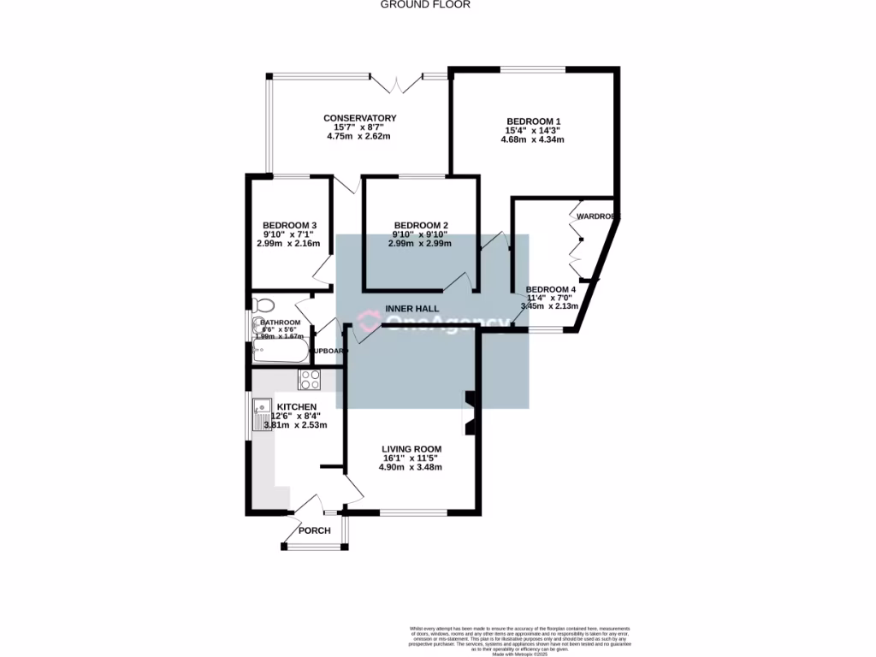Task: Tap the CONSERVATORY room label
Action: [359, 118]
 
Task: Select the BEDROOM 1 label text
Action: [533, 121]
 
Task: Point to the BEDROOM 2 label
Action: [419, 225]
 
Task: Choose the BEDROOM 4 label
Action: [550, 289]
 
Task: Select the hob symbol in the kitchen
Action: [309, 379]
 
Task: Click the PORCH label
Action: [314, 530]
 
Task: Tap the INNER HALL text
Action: [412, 308]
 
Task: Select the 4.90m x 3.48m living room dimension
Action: [411, 467]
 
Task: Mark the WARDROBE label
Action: [596, 217]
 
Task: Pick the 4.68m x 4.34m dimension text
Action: [533, 139]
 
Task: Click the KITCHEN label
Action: [296, 406]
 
